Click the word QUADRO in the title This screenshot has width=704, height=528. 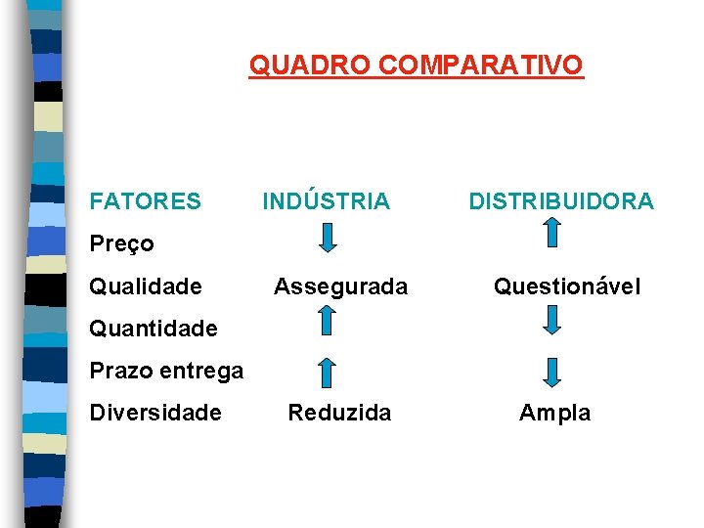[x=310, y=66]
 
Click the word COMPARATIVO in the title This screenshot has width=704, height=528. [x=480, y=66]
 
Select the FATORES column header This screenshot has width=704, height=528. [x=145, y=201]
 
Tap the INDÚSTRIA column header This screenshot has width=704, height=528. [x=326, y=201]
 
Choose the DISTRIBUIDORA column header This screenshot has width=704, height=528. [x=561, y=201]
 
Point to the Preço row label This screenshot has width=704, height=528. [x=121, y=243]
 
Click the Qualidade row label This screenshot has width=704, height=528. [x=146, y=286]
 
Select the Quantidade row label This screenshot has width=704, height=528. [x=154, y=329]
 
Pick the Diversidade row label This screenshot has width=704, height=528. [x=155, y=413]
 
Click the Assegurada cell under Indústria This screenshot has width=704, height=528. [x=340, y=286]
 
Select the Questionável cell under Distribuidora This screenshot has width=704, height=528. [x=567, y=286]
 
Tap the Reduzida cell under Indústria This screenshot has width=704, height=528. [x=339, y=413]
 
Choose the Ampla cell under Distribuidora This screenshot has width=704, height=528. [x=554, y=413]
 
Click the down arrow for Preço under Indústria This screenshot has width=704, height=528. [x=329, y=237]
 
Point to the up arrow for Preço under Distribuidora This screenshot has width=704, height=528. [x=552, y=233]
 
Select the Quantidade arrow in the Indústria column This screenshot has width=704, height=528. [x=329, y=320]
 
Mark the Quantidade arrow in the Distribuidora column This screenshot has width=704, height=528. [x=552, y=320]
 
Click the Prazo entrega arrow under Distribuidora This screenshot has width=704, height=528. [x=552, y=373]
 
